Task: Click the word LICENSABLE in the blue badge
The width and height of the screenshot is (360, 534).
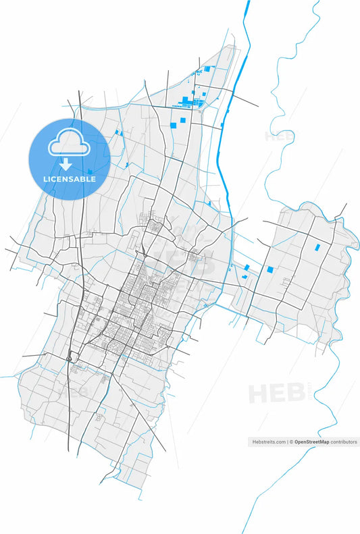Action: (x=70, y=179)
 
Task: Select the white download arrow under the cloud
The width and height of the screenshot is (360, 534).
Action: (x=66, y=165)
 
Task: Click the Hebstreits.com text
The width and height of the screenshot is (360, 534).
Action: (x=268, y=442)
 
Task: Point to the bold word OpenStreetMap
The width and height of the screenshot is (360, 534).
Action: (x=311, y=442)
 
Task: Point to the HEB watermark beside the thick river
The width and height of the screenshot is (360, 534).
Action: (x=277, y=135)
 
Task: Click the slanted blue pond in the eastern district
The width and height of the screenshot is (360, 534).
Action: (x=317, y=246)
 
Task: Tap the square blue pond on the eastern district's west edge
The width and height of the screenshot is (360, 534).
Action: (x=270, y=269)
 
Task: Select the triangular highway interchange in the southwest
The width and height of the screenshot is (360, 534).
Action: (x=70, y=358)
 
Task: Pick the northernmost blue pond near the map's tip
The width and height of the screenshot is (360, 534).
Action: (x=207, y=68)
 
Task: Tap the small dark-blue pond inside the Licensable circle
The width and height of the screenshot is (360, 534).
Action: (x=90, y=171)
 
